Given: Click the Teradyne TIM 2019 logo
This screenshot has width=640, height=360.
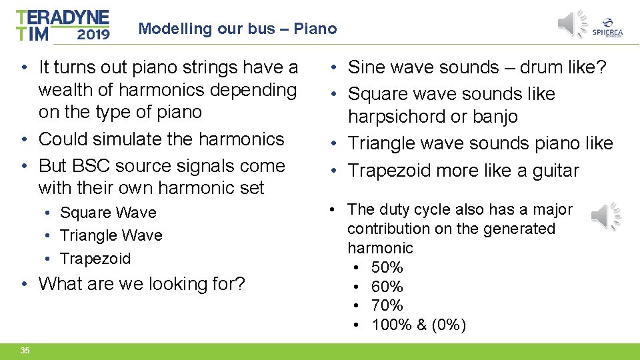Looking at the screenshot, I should point(63,25).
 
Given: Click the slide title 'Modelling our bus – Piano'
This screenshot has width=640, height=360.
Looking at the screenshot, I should point(237,29).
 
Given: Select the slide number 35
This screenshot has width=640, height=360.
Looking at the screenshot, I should point(25,351).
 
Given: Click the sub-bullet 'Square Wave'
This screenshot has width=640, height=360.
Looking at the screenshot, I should point(108,213).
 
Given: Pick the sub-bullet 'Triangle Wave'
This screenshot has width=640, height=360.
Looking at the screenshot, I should point(111,235).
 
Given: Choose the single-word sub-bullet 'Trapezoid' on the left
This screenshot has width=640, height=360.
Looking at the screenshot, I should point(95,258).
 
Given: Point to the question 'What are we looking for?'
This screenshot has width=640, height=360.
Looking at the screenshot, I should point(142,283).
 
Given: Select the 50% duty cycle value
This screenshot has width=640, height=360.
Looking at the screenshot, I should point(387,267).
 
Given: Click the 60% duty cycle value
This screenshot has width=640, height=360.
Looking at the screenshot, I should point(387,287).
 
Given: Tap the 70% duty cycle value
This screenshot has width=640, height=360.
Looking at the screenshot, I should point(387,305).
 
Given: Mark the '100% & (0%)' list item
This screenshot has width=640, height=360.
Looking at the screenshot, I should point(419,325).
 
